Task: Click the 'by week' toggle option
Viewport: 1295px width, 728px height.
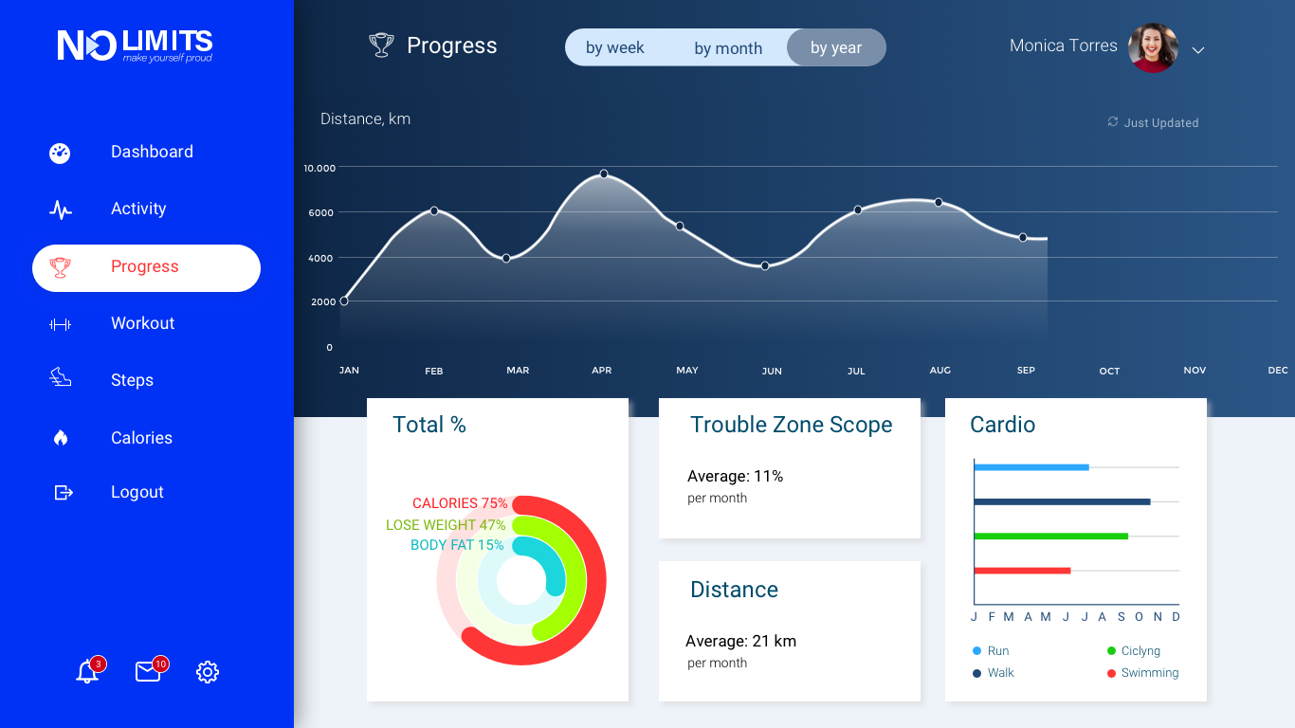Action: (x=614, y=48)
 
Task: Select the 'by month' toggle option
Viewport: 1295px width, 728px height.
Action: (x=728, y=48)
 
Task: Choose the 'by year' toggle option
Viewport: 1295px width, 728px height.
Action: (x=836, y=48)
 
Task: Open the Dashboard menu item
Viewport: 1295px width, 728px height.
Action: (x=151, y=152)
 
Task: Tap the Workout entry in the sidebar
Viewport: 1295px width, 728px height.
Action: (x=142, y=323)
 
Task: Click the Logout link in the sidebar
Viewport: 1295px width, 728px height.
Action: (x=137, y=492)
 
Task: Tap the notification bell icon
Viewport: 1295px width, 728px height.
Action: (x=87, y=672)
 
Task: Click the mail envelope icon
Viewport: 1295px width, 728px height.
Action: (x=148, y=672)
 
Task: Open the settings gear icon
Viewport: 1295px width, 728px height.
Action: (x=208, y=672)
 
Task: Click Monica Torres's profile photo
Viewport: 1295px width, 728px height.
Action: (x=1153, y=47)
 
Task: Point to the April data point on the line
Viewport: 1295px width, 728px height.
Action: (x=604, y=174)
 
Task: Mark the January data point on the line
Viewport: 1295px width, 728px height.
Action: (x=344, y=301)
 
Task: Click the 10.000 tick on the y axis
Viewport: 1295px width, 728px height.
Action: (x=319, y=168)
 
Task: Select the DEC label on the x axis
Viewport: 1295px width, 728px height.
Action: (x=1278, y=371)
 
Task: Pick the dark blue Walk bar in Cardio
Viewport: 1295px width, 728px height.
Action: (x=1062, y=501)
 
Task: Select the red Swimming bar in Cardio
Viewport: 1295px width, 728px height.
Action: (x=1022, y=571)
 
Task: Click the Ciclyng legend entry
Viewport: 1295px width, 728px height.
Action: (x=1140, y=651)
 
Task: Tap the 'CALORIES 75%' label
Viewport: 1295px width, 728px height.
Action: (x=460, y=503)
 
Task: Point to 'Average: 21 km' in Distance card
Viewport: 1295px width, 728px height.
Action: (x=740, y=642)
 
